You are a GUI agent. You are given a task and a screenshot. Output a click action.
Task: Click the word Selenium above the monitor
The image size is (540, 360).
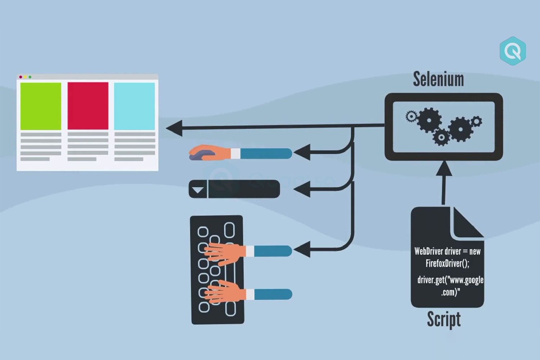point(438,79)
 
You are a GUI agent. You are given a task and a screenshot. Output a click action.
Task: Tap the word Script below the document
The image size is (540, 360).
point(444,319)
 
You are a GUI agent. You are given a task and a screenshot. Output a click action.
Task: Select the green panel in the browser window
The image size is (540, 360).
point(41,106)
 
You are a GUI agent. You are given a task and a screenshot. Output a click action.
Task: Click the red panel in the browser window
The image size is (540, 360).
point(88,106)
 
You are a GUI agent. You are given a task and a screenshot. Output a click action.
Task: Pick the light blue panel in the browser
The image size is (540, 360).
point(134,106)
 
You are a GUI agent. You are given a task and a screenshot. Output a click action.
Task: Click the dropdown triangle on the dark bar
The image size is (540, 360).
point(198,190)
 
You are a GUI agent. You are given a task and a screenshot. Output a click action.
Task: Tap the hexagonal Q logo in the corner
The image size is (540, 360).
point(513,51)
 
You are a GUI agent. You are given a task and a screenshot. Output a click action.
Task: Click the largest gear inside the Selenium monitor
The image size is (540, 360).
point(429,120)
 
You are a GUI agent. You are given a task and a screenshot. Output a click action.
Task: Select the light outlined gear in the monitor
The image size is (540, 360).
point(411,116)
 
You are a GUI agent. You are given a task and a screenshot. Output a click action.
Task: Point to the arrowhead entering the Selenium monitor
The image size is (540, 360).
point(444,168)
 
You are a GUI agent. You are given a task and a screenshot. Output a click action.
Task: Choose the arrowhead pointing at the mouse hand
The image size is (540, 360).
point(302,153)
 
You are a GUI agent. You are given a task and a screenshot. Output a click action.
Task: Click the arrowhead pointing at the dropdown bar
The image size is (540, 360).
point(302,189)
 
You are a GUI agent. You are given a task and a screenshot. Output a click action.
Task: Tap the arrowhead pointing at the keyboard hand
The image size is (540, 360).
point(302,249)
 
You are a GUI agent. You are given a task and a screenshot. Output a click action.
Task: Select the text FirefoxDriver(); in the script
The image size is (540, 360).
point(447,264)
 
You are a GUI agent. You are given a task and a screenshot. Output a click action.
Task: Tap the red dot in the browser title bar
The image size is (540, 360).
point(21,77)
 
